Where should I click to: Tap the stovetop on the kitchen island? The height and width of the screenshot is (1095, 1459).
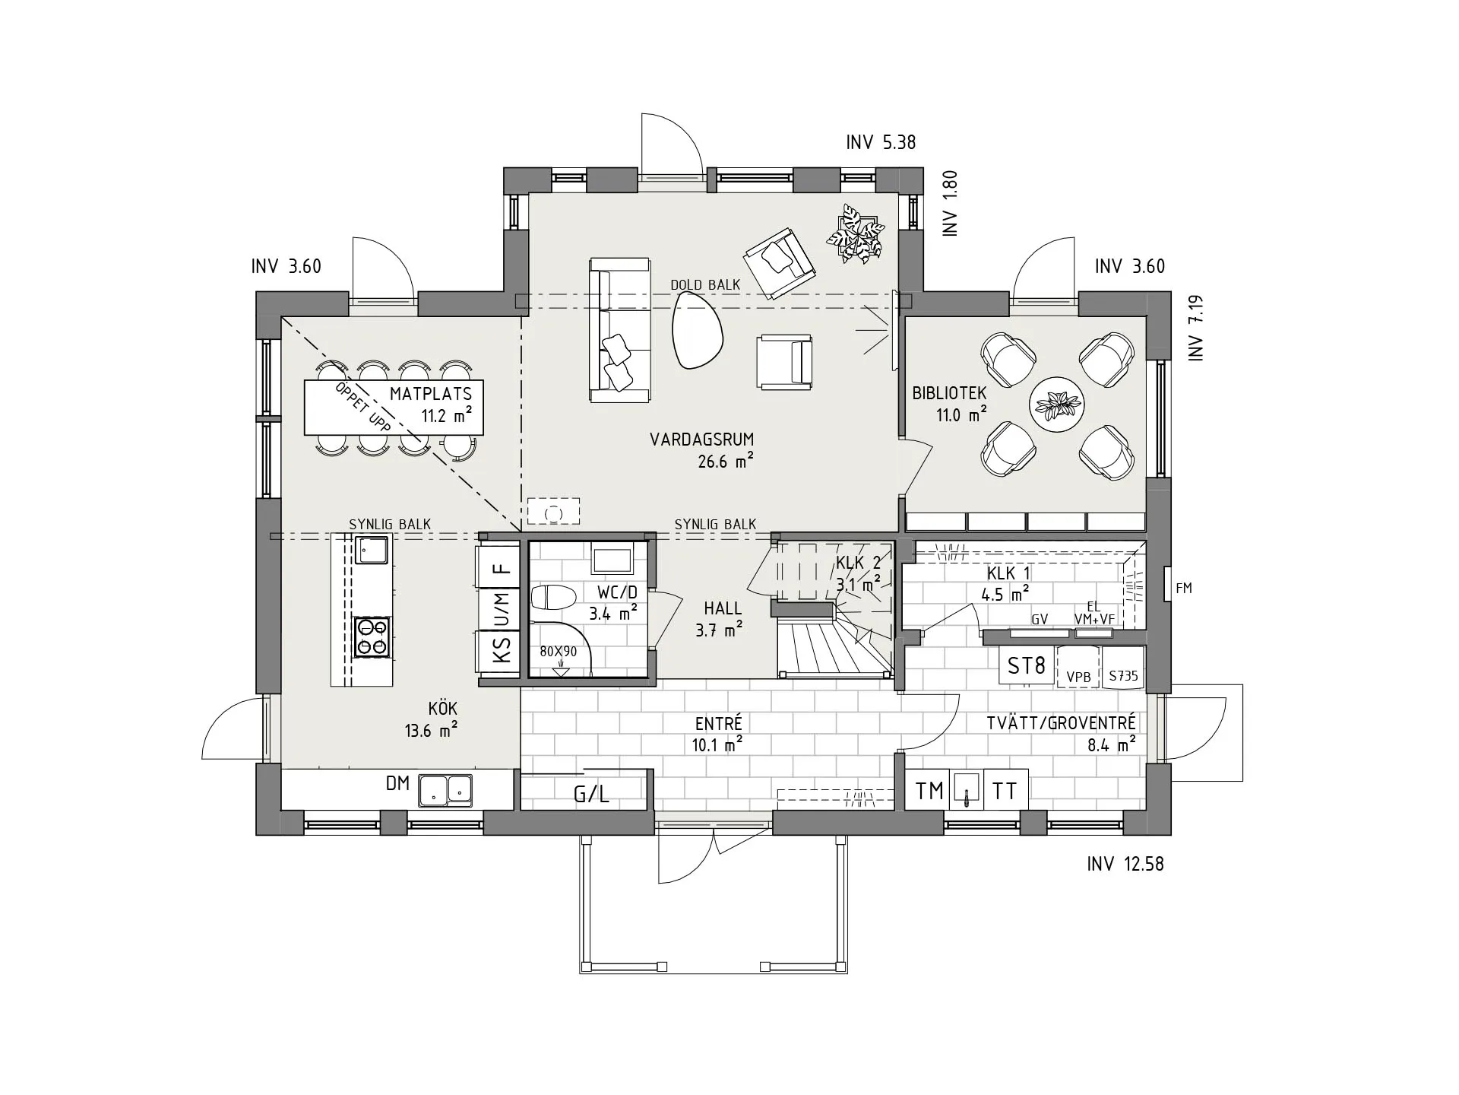(x=372, y=637)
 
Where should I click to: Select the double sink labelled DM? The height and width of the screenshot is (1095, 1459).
(x=445, y=790)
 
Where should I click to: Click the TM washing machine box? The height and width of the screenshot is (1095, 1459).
(x=929, y=791)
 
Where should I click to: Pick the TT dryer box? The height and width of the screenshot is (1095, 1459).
(x=1005, y=791)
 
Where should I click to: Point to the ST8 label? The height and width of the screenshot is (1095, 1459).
(x=1026, y=666)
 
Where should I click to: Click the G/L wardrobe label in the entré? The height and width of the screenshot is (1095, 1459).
(x=591, y=795)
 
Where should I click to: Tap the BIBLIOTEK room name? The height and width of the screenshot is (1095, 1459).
(x=949, y=393)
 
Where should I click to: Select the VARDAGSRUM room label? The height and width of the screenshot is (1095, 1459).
(x=701, y=440)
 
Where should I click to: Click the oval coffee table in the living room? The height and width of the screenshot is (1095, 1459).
(x=697, y=331)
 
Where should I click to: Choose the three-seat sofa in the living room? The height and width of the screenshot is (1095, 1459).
(x=620, y=330)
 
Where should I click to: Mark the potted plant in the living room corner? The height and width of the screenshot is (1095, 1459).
(x=856, y=234)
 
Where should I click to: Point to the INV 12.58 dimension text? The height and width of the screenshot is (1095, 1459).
(x=1125, y=865)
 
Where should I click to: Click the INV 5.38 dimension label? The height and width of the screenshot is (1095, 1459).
(x=881, y=142)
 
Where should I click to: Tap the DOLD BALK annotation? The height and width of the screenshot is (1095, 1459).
(x=705, y=285)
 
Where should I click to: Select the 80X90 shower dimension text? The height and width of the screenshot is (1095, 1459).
(x=559, y=652)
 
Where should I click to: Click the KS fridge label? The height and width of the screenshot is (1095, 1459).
(x=502, y=651)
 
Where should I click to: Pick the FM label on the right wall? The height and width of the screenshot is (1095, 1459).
(x=1183, y=588)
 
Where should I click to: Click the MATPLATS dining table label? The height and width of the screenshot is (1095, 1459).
(x=431, y=394)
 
